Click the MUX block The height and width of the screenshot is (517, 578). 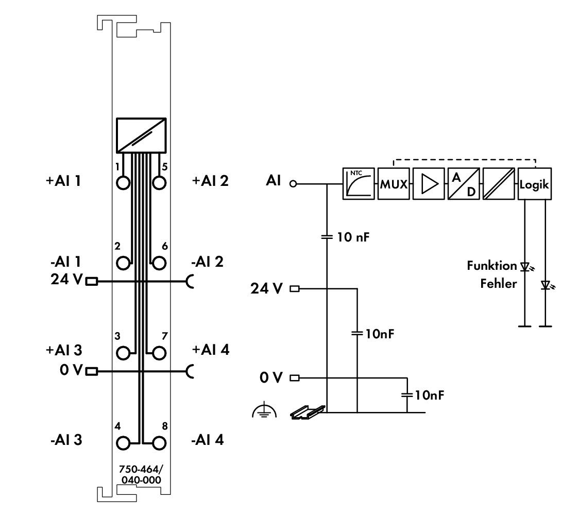click(394, 183)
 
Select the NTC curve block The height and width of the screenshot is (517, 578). click(359, 183)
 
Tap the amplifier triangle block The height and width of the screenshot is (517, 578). click(428, 183)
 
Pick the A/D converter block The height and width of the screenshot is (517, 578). click(464, 183)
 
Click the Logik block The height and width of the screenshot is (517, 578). click(535, 183)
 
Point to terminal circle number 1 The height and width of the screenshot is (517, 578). click(124, 182)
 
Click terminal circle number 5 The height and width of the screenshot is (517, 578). click(159, 182)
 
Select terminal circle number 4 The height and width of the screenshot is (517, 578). click(124, 443)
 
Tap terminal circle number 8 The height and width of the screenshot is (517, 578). click(159, 443)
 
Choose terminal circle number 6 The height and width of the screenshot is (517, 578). click(159, 263)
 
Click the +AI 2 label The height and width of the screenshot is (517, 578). click(210, 181)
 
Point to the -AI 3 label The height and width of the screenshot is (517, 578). click(66, 440)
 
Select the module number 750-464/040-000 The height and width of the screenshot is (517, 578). click(140, 475)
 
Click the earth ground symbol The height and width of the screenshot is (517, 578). click(264, 411)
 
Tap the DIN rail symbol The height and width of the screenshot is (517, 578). click(308, 412)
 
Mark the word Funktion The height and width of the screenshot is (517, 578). click(492, 266)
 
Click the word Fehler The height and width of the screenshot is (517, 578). click(498, 283)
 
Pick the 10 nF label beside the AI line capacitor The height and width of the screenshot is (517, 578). click(353, 237)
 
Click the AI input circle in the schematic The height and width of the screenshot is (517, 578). click(293, 183)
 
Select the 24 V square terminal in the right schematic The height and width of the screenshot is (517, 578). click(295, 289)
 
